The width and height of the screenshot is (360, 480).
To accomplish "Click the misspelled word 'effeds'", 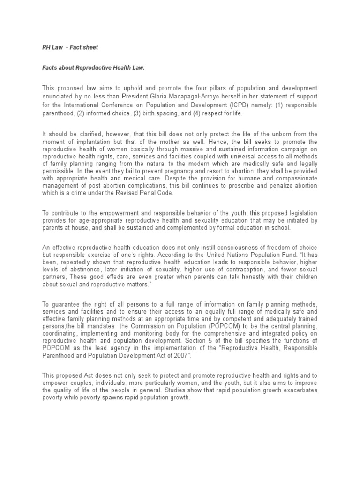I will (x=101, y=277).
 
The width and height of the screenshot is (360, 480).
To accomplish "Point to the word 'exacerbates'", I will (x=298, y=390).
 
